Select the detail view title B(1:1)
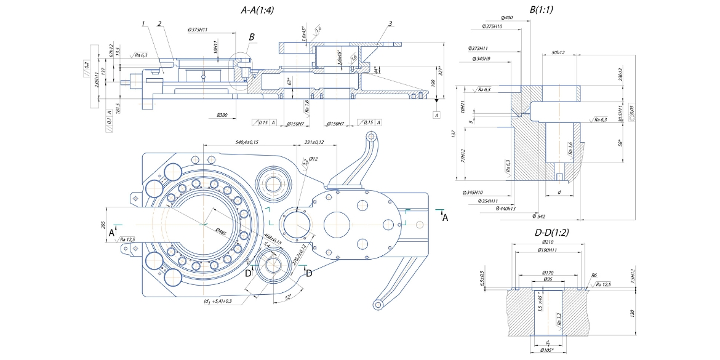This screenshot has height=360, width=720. (542, 10)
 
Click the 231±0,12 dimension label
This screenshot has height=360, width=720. (319, 142)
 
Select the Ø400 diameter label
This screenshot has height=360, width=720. (508, 17)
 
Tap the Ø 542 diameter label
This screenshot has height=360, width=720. (539, 217)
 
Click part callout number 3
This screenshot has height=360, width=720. (390, 23)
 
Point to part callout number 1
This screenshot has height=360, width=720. (142, 23)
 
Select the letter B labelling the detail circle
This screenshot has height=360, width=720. (251, 37)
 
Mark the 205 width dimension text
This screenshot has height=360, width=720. (103, 225)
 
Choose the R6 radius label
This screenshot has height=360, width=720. (594, 276)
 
